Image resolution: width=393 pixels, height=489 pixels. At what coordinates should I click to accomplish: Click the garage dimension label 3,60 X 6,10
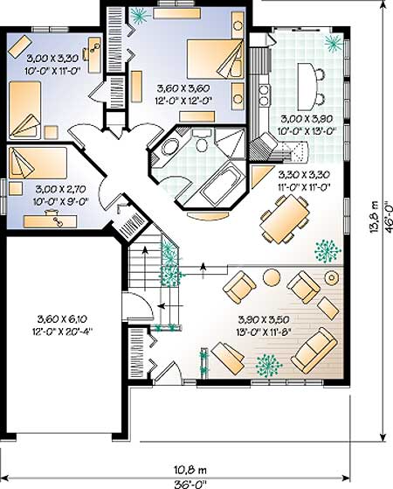(62, 319)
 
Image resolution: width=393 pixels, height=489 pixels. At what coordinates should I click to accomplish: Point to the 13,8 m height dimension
(375, 216)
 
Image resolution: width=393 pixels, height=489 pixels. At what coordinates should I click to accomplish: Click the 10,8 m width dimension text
(190, 470)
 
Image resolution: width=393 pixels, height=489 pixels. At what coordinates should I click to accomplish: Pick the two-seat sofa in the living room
(314, 351)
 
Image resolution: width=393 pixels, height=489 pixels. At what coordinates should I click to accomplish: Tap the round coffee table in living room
(272, 277)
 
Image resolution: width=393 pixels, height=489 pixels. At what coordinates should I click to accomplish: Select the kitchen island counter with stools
(306, 87)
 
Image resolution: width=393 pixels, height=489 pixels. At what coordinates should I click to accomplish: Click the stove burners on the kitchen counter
(264, 94)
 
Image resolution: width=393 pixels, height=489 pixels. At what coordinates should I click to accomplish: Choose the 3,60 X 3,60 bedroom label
(183, 88)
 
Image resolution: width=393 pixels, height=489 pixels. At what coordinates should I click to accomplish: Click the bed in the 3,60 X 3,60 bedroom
(215, 59)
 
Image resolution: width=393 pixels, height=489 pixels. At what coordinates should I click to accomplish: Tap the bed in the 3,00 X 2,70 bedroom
(38, 163)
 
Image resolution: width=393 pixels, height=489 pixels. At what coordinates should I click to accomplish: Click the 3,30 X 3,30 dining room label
(304, 174)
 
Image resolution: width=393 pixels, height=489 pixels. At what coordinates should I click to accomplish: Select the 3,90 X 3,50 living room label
(264, 319)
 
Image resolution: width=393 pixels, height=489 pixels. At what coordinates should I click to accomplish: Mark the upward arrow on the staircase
(144, 268)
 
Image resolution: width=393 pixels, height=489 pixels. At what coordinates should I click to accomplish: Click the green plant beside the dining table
(327, 250)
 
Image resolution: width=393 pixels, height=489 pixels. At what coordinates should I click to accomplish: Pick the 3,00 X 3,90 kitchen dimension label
(307, 119)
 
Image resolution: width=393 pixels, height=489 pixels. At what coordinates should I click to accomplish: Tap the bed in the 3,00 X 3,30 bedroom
(25, 109)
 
